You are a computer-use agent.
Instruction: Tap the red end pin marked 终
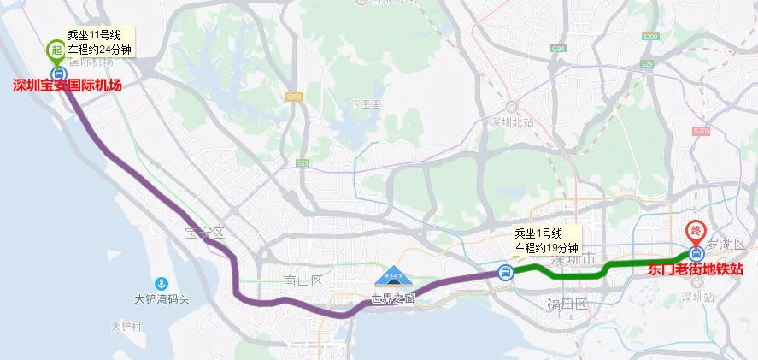[x=696, y=232]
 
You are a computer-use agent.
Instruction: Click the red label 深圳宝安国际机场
[x=68, y=86]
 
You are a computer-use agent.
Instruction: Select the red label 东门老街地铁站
[x=695, y=270]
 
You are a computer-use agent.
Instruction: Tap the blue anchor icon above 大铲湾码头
[x=160, y=284]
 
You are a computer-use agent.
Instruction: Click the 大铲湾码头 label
[x=162, y=300]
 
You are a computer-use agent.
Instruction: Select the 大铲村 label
[x=125, y=327]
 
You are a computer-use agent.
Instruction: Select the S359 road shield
[x=295, y=97]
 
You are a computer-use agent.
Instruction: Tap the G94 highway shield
[x=559, y=50]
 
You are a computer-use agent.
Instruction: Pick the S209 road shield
[x=649, y=38]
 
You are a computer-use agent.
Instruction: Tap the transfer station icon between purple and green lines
[x=506, y=274]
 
